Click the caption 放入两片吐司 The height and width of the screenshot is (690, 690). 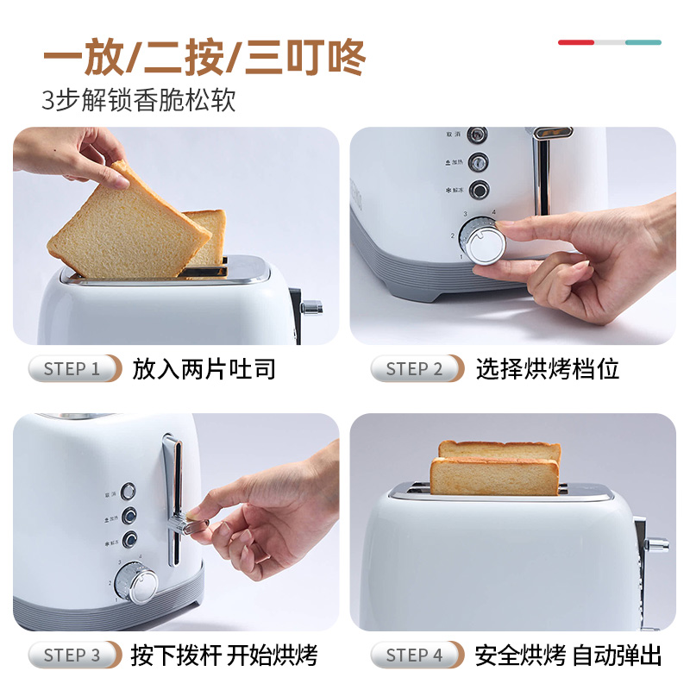pos(204,369)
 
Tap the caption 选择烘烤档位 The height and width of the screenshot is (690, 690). pos(548,369)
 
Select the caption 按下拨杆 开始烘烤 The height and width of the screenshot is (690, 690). pos(224,655)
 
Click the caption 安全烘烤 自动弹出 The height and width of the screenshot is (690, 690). pos(568,655)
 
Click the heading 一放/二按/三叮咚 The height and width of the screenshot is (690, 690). pos(204,59)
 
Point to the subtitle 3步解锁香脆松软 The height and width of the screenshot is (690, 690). pos(139,99)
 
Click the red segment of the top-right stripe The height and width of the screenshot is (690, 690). pos(575,41)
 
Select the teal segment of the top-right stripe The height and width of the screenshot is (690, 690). pos(643,41)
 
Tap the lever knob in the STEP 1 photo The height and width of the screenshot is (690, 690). pos(311,306)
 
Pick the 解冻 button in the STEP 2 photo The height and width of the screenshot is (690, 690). pos(477,189)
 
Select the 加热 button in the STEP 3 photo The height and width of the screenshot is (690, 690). pos(129,516)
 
